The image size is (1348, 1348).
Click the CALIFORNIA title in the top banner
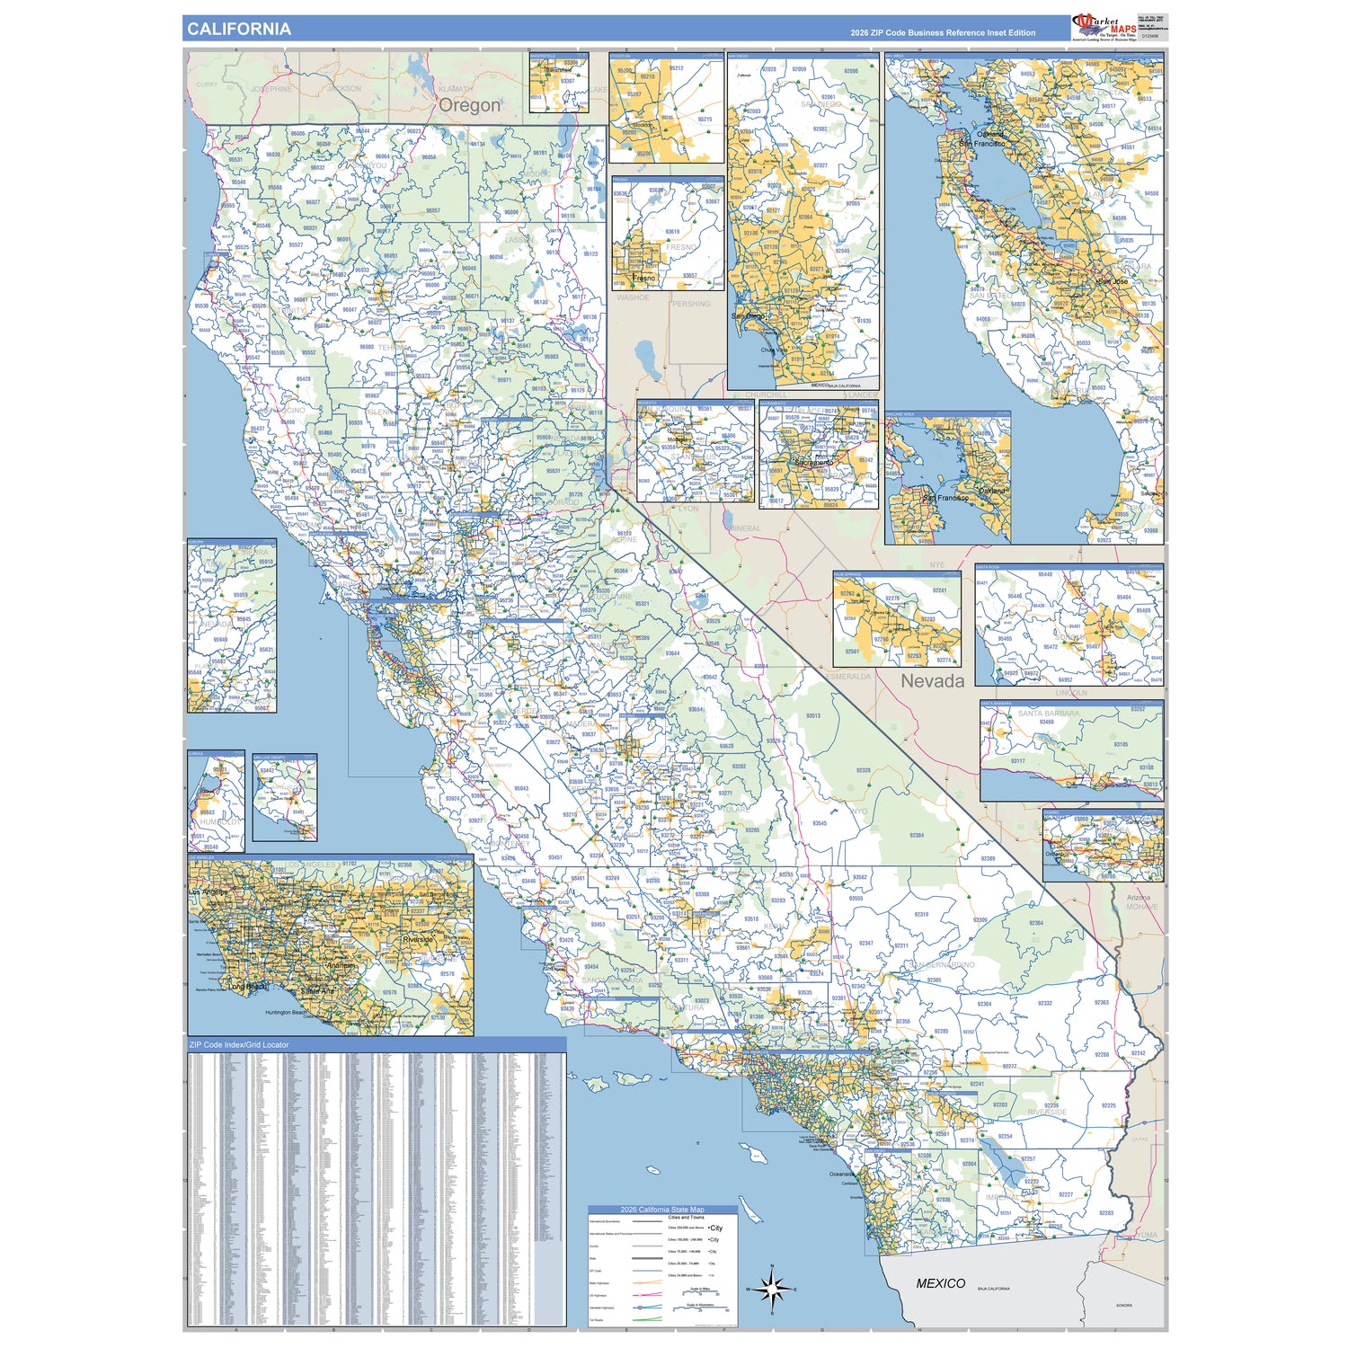coord(239,29)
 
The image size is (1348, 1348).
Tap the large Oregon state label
coord(469,105)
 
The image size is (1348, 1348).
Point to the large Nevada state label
coord(932,681)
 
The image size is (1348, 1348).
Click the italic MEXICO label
coord(940,1283)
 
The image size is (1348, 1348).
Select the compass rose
coord(771,1289)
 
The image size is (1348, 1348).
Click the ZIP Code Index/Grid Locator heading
coord(239,1045)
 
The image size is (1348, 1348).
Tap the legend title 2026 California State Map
coord(662,1210)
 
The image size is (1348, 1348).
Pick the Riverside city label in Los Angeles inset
coord(419,940)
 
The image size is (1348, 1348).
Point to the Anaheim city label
coord(341,966)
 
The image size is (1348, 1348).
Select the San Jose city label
coord(1112,281)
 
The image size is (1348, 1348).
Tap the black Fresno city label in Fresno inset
coord(643,279)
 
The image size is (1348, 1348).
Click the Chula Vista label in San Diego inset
coord(773,350)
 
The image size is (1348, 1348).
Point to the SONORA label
coord(1123,1305)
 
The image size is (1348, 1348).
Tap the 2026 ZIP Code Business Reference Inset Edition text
coord(943,33)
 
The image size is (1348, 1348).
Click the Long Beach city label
coord(247,987)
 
